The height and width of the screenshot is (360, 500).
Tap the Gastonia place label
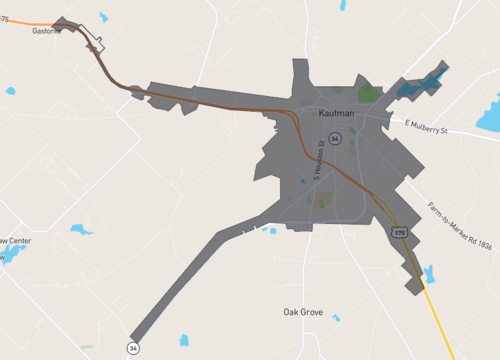coord(46,31)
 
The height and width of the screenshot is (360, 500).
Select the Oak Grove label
coord(303,311)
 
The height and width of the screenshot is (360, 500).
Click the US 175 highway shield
coord(399,232)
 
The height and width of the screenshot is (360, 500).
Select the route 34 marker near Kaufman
coord(335,138)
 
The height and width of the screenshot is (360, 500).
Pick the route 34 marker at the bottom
coord(132,347)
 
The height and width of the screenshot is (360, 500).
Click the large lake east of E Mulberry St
coord(489,115)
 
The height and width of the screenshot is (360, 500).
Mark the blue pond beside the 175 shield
coord(429,273)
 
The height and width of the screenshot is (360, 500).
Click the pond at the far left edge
coord(10,91)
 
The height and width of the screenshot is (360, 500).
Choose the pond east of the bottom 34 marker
coord(183,340)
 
